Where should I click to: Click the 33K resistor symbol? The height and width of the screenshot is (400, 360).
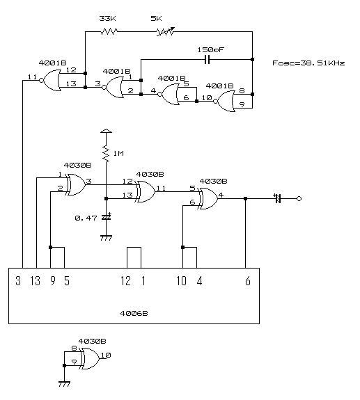(109, 31)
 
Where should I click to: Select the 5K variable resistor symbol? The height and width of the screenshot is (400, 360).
(166, 31)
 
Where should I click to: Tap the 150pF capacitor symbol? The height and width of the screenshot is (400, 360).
(208, 59)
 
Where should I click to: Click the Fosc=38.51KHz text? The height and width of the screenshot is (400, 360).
(308, 63)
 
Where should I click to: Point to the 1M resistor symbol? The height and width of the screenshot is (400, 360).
(106, 154)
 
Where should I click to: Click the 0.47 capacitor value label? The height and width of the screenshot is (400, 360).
(86, 218)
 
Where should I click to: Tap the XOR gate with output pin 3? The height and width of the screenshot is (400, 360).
(76, 184)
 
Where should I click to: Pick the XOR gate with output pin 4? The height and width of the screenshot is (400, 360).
(208, 198)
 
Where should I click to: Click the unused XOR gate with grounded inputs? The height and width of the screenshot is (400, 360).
(90, 358)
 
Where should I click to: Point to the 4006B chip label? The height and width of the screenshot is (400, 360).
(134, 313)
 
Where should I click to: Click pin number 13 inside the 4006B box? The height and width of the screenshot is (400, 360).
(36, 281)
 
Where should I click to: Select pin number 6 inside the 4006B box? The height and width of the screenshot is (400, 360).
(248, 281)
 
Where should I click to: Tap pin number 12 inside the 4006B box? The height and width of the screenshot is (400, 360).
(125, 281)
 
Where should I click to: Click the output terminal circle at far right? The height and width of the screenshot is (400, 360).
(299, 198)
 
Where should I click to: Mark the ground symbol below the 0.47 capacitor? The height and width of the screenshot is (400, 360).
(106, 237)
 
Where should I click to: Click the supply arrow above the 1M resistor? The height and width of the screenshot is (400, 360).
(106, 131)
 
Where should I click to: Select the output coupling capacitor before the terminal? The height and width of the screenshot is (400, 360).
(278, 198)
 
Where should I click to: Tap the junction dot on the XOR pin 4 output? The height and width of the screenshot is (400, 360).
(245, 198)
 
